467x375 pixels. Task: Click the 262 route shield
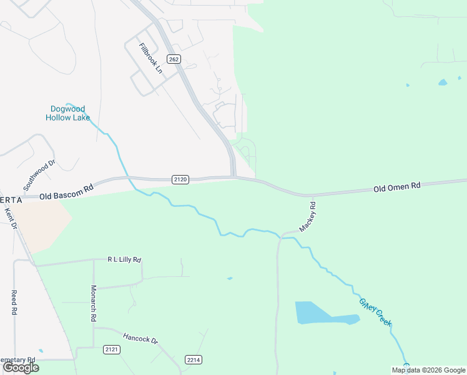tap(174, 59)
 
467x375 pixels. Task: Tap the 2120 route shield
tap(180, 179)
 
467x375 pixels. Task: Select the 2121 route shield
tap(112, 349)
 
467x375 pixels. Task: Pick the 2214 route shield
tap(194, 360)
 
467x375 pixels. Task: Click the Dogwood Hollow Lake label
tap(67, 113)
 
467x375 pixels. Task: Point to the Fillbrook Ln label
tap(151, 58)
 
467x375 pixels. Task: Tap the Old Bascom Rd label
tap(66, 191)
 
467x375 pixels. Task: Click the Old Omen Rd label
tap(397, 186)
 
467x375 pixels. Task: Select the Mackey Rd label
tap(308, 216)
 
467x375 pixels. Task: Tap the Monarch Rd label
tap(93, 303)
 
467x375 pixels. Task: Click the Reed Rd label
tap(13, 302)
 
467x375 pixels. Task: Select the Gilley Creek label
tap(375, 311)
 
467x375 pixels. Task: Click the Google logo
tap(21, 367)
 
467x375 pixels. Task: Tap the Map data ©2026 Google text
tap(428, 370)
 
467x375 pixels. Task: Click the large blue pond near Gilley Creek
tap(318, 313)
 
